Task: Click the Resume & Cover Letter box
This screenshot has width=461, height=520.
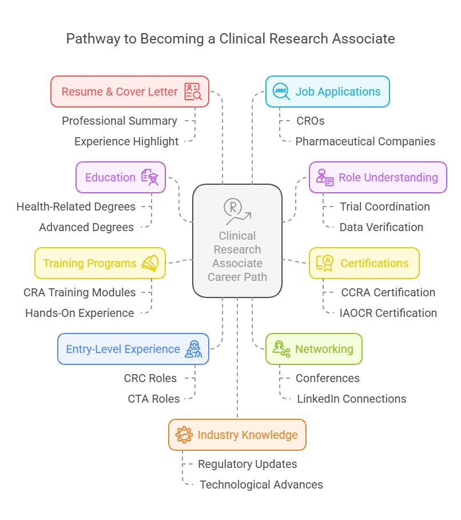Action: pos(129,92)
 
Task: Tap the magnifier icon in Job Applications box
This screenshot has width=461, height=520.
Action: pos(280,92)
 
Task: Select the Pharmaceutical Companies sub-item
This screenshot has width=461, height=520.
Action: pos(365,141)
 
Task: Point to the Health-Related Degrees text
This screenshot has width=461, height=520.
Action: pos(76,207)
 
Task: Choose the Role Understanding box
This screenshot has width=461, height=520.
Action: pos(377,177)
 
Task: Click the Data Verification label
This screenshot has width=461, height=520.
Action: pos(381,227)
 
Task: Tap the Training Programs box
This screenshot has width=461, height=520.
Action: pos(100,263)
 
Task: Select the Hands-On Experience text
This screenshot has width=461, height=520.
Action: pos(80,313)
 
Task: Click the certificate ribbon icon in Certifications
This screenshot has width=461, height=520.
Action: pos(325,263)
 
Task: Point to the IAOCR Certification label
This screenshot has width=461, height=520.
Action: pos(388,313)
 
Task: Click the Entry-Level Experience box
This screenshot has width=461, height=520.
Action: pos(133,349)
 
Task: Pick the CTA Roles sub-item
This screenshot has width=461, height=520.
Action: pos(154,399)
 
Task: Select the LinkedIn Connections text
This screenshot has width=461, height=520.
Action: pos(351,399)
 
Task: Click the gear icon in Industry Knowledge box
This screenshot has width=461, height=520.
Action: pos(184,435)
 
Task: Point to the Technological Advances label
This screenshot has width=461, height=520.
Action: pos(261,485)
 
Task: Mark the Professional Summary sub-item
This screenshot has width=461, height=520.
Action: pos(120,121)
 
